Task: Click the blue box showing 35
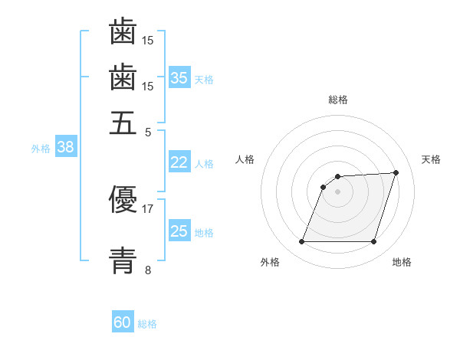tap(179, 77)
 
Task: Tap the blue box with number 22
tap(179, 162)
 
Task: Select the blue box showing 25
tap(179, 231)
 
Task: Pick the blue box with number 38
tap(65, 148)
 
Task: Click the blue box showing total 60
tap(123, 322)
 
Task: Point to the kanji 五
tap(123, 123)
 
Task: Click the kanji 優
tap(123, 201)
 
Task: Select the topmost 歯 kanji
tap(123, 31)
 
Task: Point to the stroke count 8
tap(147, 270)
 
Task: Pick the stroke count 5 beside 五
tap(148, 132)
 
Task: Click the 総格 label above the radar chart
tap(338, 100)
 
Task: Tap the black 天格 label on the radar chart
tap(431, 159)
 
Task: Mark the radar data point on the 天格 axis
tap(396, 172)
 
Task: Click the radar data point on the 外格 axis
tap(301, 242)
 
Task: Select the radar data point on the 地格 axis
tap(374, 242)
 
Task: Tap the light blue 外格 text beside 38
tap(41, 149)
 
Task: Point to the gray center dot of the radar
tap(337, 191)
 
